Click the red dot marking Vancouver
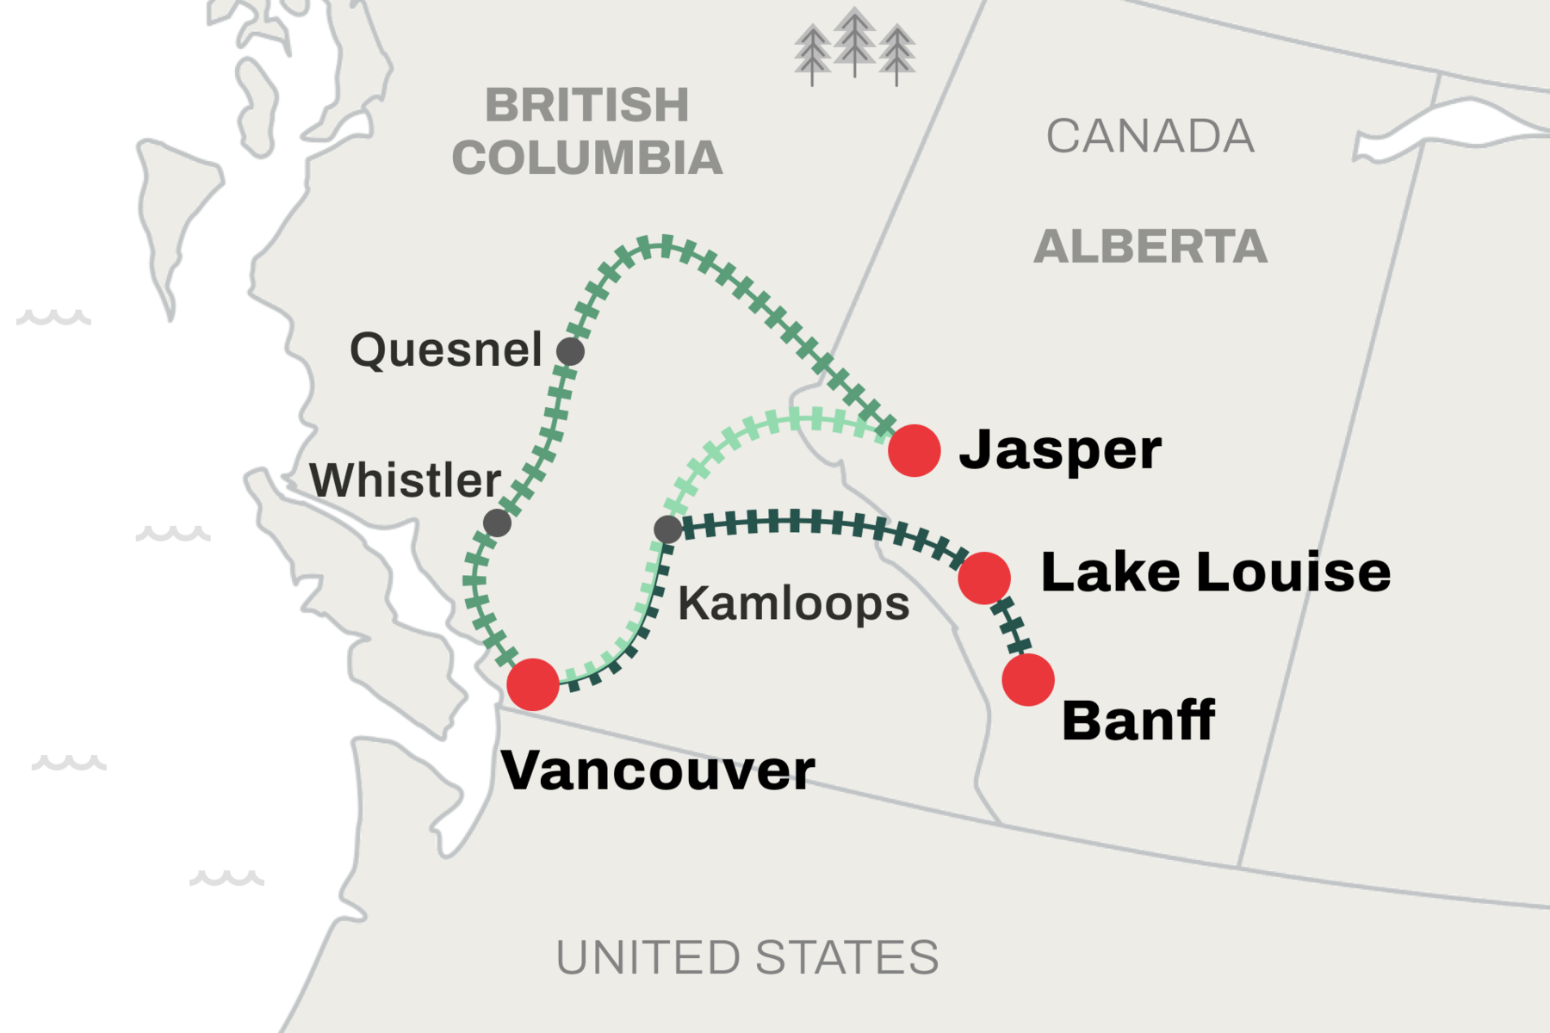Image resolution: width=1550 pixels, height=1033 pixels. coord(533,684)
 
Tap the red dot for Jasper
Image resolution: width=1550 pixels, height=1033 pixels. coord(914,450)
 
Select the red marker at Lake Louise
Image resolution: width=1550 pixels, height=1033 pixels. coord(984,578)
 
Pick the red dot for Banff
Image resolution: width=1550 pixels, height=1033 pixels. coord(1028,680)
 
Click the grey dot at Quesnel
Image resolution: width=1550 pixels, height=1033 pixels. coord(570,351)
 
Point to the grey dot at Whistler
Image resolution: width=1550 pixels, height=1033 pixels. coord(497,523)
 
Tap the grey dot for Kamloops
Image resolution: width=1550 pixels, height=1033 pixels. coord(667,529)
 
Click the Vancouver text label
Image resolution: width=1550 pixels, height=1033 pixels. coord(658,770)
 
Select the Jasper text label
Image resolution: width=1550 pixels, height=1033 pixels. coord(1060,450)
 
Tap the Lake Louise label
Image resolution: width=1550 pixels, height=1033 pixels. coord(1215,572)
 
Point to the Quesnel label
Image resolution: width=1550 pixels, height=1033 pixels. coord(446,349)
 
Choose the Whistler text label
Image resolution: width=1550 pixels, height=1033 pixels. coord(406,479)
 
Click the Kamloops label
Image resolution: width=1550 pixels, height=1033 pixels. coord(793,603)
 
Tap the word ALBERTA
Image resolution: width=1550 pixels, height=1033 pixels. coord(1150,247)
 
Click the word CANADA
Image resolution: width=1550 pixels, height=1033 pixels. coord(1150,136)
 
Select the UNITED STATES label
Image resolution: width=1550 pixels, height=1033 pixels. coord(747,957)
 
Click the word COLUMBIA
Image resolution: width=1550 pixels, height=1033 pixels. coord(587,158)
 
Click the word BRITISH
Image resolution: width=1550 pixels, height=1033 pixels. coord(587,105)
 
